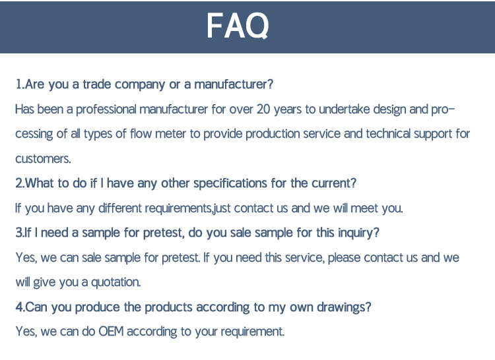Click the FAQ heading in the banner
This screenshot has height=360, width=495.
238,25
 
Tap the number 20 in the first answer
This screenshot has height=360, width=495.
263,109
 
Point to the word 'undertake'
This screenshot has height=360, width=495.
344,109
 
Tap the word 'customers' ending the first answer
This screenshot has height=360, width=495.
43,158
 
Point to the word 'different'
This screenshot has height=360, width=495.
120,208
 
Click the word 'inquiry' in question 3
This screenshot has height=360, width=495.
358,233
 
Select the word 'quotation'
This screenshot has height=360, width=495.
116,282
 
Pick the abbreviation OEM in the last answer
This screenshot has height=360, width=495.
111,332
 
